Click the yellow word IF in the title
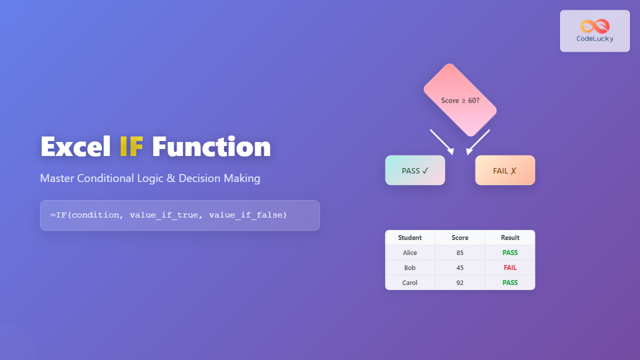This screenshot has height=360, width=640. click(131, 147)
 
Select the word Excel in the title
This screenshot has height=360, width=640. click(75, 147)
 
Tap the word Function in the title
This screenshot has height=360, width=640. click(211, 147)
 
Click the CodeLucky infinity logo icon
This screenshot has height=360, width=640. click(594, 26)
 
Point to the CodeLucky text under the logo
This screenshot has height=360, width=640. click(594, 39)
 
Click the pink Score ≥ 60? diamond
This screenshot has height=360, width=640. click(460, 100)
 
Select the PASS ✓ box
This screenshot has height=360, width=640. click(415, 170)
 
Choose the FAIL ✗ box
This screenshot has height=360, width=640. click(505, 170)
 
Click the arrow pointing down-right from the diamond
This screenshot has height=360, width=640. click(442, 142)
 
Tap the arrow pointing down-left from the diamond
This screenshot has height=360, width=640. click(478, 142)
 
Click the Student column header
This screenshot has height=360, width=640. click(410, 237)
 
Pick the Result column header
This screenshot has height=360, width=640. click(510, 237)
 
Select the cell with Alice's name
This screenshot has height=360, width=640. click(410, 252)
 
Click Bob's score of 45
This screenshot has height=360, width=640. click(460, 267)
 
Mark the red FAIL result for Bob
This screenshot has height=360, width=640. click(510, 267)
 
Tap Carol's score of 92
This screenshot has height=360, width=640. click(460, 282)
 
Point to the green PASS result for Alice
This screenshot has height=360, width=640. click(510, 252)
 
